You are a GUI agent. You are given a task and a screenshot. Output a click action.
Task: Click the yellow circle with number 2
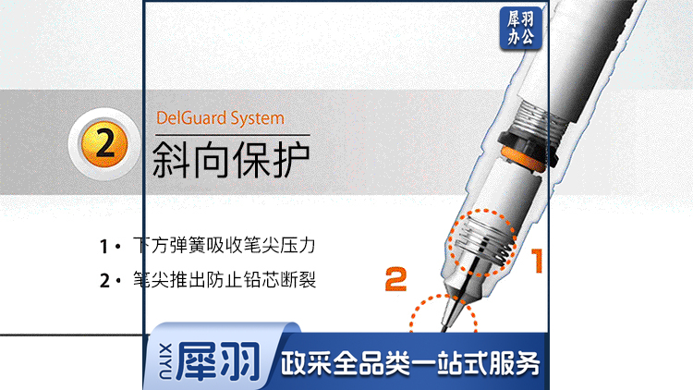(104, 144)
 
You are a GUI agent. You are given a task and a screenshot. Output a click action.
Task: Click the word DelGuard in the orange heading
(191, 118)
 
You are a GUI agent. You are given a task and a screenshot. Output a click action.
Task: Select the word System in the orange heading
(257, 119)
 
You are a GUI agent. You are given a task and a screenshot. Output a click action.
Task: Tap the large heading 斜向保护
(231, 160)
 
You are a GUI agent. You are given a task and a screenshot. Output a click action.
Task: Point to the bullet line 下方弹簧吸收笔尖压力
(225, 246)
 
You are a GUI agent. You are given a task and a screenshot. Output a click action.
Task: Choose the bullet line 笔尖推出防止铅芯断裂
(225, 280)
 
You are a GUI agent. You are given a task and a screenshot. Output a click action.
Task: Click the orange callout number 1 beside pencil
(537, 261)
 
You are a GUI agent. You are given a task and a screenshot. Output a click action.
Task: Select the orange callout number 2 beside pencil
(395, 278)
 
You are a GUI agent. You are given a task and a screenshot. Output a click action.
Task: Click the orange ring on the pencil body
(523, 159)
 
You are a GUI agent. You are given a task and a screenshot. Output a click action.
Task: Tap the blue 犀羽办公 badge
(520, 29)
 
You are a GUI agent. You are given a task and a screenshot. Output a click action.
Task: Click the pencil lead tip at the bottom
(444, 329)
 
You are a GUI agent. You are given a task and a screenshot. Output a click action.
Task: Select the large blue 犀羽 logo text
(218, 361)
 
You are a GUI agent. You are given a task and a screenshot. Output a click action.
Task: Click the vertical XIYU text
(165, 361)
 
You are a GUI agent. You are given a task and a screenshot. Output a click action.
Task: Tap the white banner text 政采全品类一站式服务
(410, 363)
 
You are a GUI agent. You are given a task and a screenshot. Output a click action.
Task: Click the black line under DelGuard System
(233, 134)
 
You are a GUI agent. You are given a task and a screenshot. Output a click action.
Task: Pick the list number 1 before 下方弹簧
(103, 247)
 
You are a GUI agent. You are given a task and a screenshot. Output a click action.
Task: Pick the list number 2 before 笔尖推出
(104, 281)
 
